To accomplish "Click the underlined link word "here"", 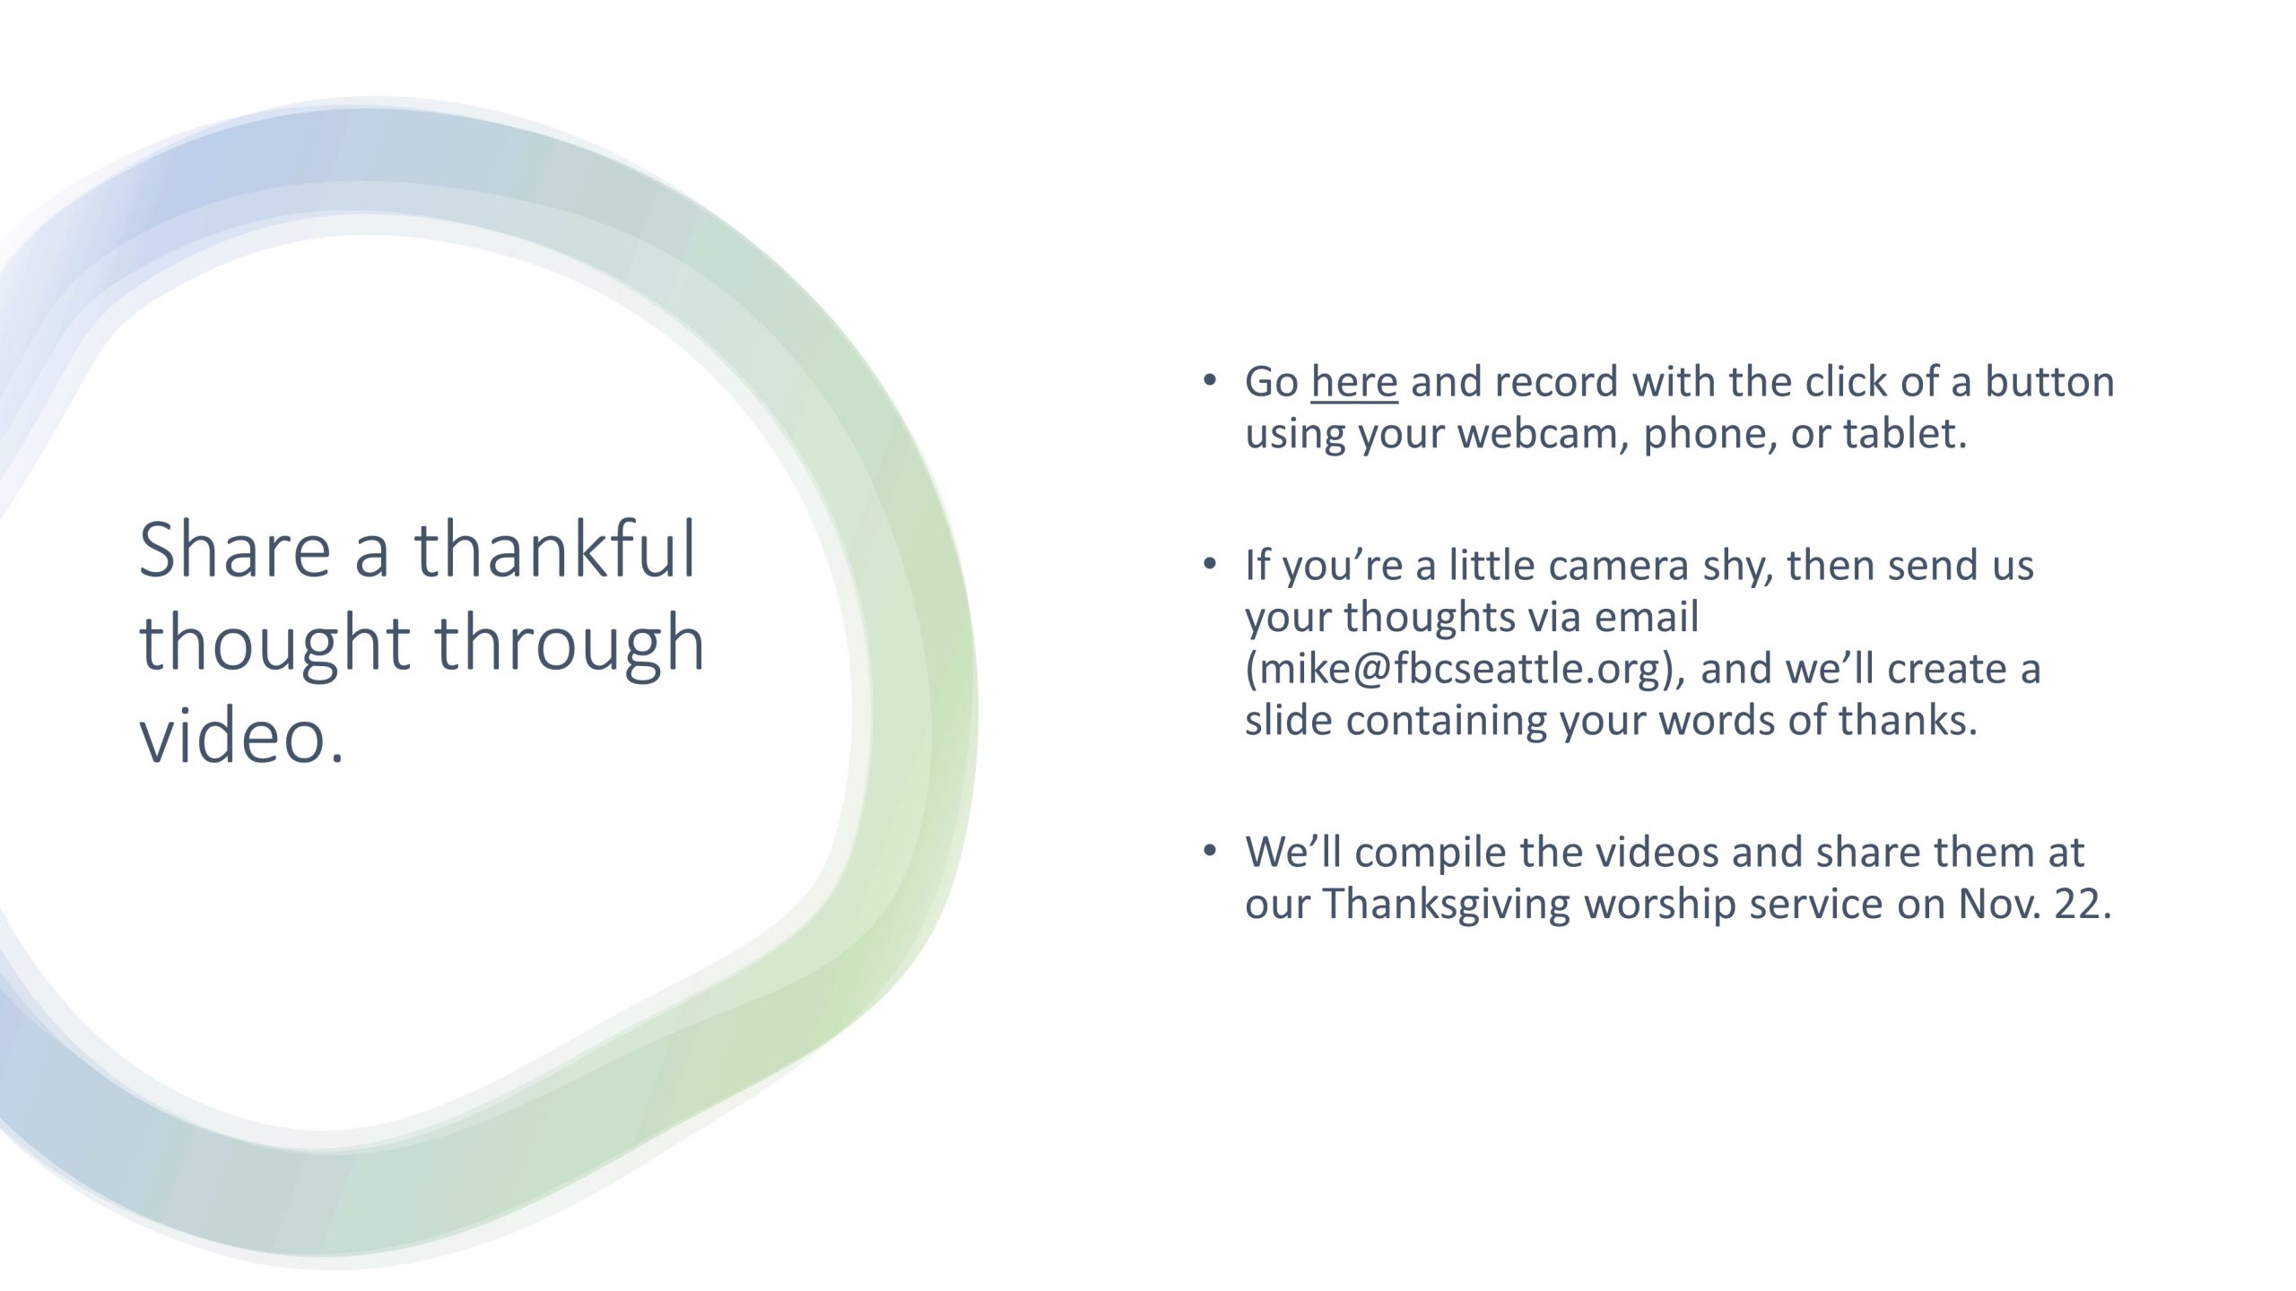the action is (x=1354, y=381).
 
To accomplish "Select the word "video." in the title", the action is (x=242, y=735).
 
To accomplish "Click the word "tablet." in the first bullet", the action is (x=1905, y=433).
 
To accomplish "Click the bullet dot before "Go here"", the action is (x=1210, y=379).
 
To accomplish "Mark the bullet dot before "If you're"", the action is (x=1210, y=563).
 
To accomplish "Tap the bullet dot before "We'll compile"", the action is (x=1210, y=850).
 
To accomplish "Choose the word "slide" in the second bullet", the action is (x=1288, y=720).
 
